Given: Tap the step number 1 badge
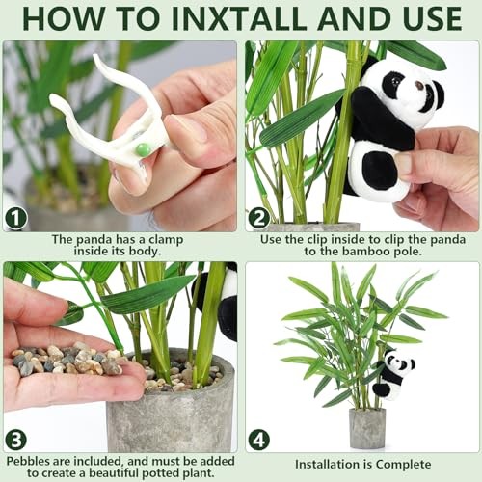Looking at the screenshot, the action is tap(15, 218).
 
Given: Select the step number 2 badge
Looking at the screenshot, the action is tap(259, 218).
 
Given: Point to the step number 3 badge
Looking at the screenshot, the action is tap(15, 440).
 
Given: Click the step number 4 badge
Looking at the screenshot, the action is tap(259, 441).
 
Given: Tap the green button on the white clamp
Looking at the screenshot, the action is tap(143, 149).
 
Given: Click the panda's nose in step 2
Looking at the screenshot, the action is tap(419, 86).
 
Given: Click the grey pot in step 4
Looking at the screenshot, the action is tap(367, 428).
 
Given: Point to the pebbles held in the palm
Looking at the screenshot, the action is tap(67, 360).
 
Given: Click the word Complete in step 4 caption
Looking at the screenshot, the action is tap(403, 465).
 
